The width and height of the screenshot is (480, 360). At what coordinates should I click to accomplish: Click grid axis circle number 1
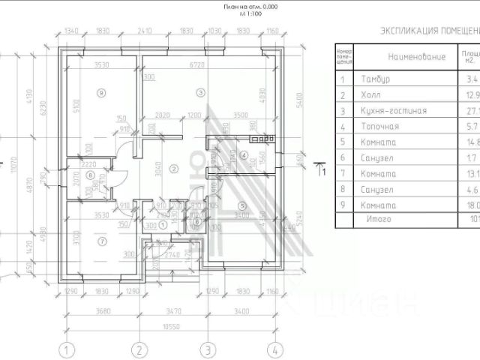point(68,349)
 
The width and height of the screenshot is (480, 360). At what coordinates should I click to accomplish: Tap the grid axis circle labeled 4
point(276,349)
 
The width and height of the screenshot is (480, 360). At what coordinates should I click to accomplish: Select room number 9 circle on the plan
point(101,92)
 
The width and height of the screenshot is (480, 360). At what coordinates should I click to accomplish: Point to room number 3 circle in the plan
point(199,92)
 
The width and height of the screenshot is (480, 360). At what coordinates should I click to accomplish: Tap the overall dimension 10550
point(172,327)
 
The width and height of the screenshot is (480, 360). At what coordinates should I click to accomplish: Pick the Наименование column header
point(416,56)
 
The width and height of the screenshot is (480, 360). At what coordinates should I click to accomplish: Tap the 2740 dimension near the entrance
point(172,255)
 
